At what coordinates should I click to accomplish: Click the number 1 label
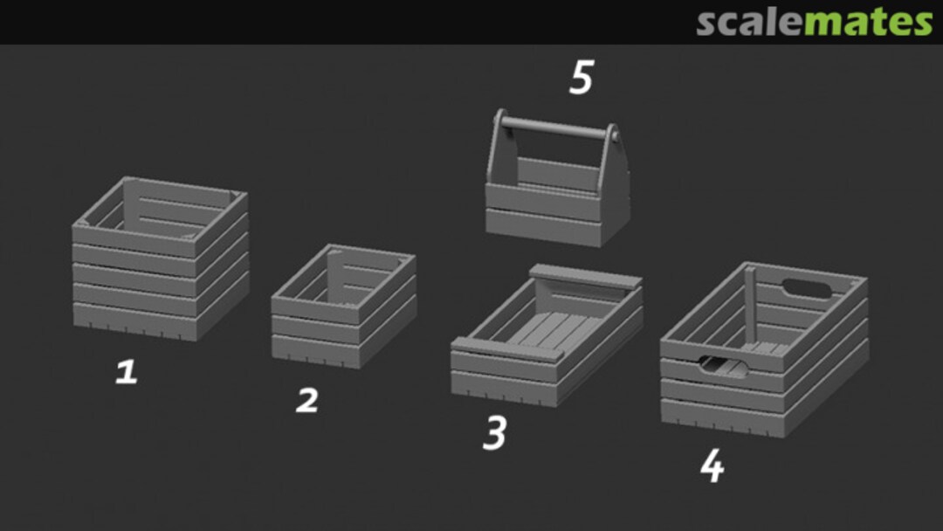tap(127, 373)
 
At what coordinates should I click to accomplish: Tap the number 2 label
tap(306, 401)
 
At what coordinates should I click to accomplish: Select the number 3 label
tap(494, 433)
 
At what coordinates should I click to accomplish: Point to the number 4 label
tap(712, 467)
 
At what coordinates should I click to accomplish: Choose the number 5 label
tap(581, 79)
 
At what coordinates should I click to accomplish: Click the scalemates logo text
tap(814, 23)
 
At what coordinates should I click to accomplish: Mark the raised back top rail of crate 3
tap(585, 276)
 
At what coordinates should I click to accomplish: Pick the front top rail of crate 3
tap(506, 349)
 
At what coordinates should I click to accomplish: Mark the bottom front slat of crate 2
tap(314, 349)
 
